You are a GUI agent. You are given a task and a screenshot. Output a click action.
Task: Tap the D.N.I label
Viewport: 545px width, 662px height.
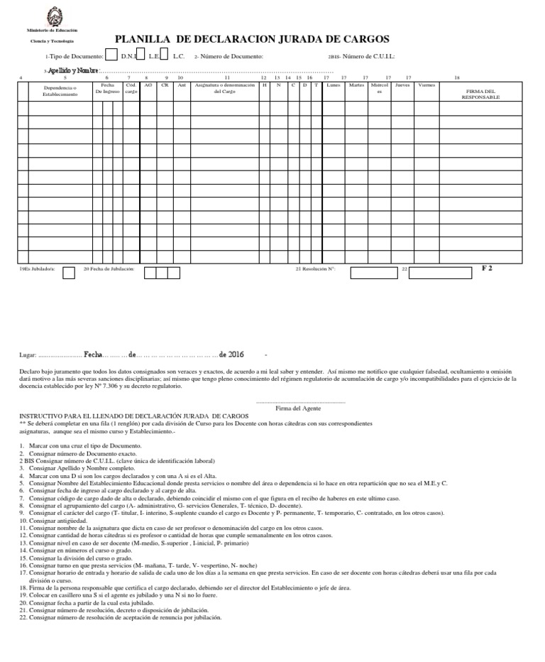tap(128, 56)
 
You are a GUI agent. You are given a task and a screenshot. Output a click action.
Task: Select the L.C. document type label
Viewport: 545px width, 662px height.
tap(178, 56)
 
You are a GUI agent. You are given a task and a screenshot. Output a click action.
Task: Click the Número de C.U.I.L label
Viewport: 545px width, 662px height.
tap(368, 56)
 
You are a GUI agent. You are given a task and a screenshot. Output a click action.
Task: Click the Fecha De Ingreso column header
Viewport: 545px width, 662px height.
tap(107, 88)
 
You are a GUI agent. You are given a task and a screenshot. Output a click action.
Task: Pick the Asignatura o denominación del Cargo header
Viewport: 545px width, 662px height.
tap(224, 88)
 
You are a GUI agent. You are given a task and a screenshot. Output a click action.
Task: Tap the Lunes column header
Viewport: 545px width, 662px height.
tap(334, 85)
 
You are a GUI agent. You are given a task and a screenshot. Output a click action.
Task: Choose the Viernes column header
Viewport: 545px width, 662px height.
tap(426, 85)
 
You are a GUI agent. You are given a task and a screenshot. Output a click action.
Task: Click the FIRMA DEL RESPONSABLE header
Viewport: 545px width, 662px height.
tap(480, 94)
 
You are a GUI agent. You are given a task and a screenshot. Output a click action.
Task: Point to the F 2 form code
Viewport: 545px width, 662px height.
tap(487, 268)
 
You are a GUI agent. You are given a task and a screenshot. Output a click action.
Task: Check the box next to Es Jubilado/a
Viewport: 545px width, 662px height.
tap(69, 272)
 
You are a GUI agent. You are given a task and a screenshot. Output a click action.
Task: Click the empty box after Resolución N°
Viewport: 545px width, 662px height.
tap(373, 272)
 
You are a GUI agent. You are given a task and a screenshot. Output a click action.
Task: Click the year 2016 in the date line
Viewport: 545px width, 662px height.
tap(236, 354)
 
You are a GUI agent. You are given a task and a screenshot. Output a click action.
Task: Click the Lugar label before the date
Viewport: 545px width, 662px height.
tap(26, 354)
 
